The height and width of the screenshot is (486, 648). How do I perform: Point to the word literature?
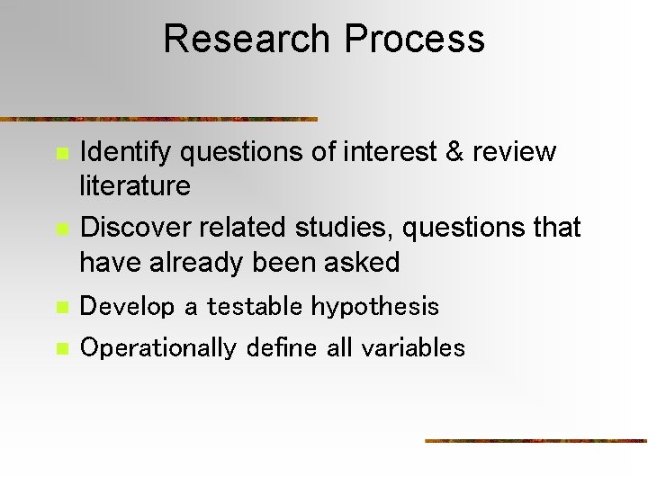(135, 186)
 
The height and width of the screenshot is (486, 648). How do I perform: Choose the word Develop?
(127, 307)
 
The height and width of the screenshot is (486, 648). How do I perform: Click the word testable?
(256, 307)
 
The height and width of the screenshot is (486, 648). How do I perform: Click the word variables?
(413, 348)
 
